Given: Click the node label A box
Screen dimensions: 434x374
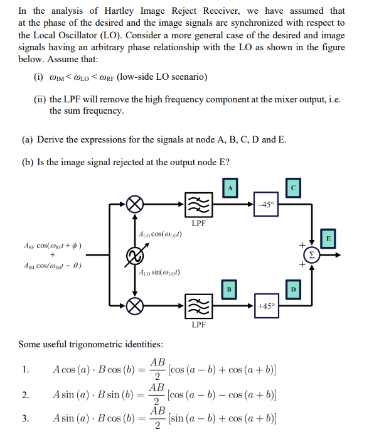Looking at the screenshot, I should pos(231,187).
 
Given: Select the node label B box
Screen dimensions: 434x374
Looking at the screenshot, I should pos(230,289).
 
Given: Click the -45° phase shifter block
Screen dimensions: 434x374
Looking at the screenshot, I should pos(265,204).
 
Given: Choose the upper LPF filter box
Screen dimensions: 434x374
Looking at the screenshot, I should pos(198,204).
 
